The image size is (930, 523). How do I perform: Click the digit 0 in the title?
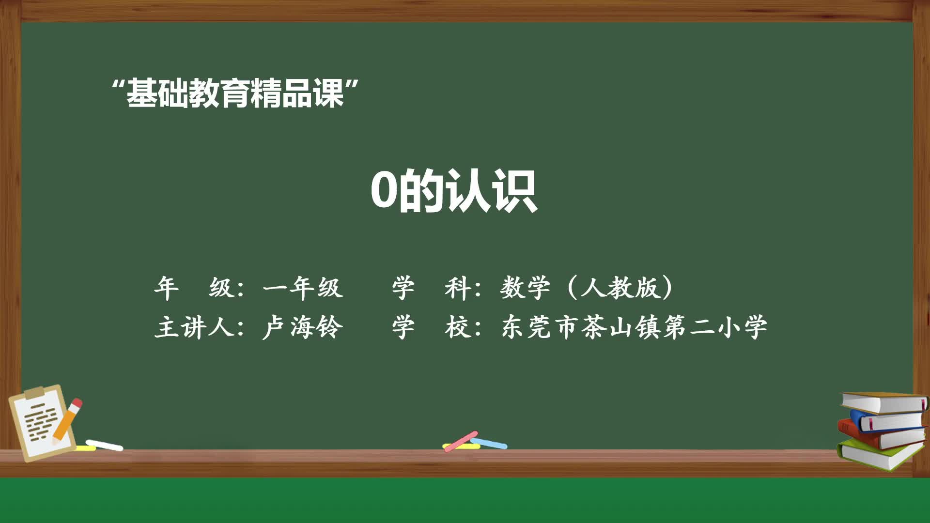[384, 190]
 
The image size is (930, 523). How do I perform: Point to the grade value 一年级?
[303, 288]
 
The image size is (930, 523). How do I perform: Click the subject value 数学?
[525, 288]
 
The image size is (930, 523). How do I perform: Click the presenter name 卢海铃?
[303, 327]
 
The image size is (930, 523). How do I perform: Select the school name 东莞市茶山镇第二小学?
[635, 327]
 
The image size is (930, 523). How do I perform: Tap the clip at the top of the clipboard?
[35, 392]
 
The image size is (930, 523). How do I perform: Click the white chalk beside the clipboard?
[104, 445]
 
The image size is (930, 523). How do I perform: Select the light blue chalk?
[489, 443]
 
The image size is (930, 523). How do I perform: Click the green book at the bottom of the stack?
[877, 455]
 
